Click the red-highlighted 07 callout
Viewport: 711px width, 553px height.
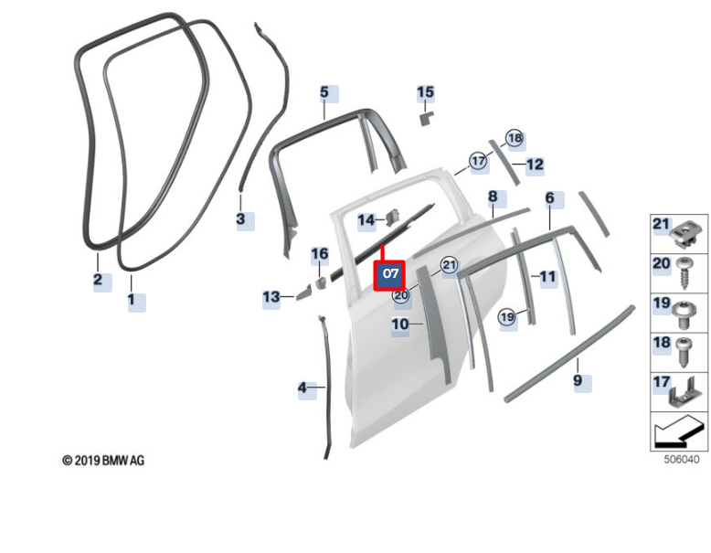389,273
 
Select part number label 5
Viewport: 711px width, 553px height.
324,92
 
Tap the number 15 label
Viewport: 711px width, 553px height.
425,92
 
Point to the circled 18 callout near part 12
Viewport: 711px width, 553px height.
514,138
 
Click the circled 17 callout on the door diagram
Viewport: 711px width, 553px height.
479,161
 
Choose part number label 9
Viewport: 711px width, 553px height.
578,380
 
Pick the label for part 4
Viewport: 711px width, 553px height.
302,388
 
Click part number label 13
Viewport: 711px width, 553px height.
271,297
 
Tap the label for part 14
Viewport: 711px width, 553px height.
366,219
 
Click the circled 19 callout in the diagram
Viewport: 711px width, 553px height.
507,316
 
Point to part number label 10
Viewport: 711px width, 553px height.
400,324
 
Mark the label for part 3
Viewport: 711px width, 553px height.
240,219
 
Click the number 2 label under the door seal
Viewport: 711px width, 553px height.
98,280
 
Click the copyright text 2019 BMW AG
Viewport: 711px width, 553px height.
103,460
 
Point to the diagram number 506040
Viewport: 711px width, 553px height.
681,460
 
